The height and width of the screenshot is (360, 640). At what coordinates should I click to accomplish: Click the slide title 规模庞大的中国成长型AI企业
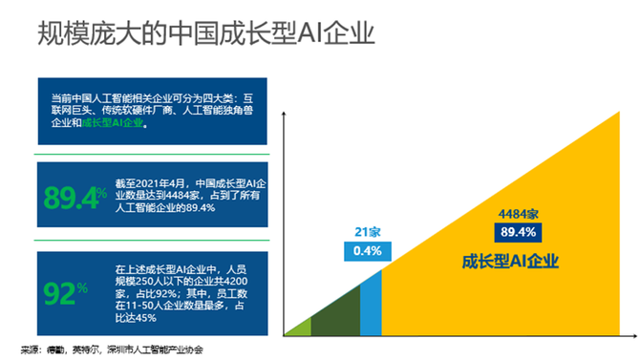205,35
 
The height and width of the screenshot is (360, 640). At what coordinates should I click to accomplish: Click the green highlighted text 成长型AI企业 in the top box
113,123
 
